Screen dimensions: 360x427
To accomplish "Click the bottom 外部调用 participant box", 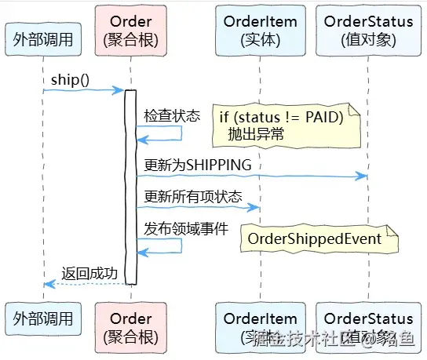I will [44, 318].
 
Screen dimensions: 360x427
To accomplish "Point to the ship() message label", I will [71, 80].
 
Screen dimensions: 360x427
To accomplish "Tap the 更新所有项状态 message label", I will [193, 196].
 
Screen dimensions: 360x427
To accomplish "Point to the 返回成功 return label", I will [89, 273].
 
